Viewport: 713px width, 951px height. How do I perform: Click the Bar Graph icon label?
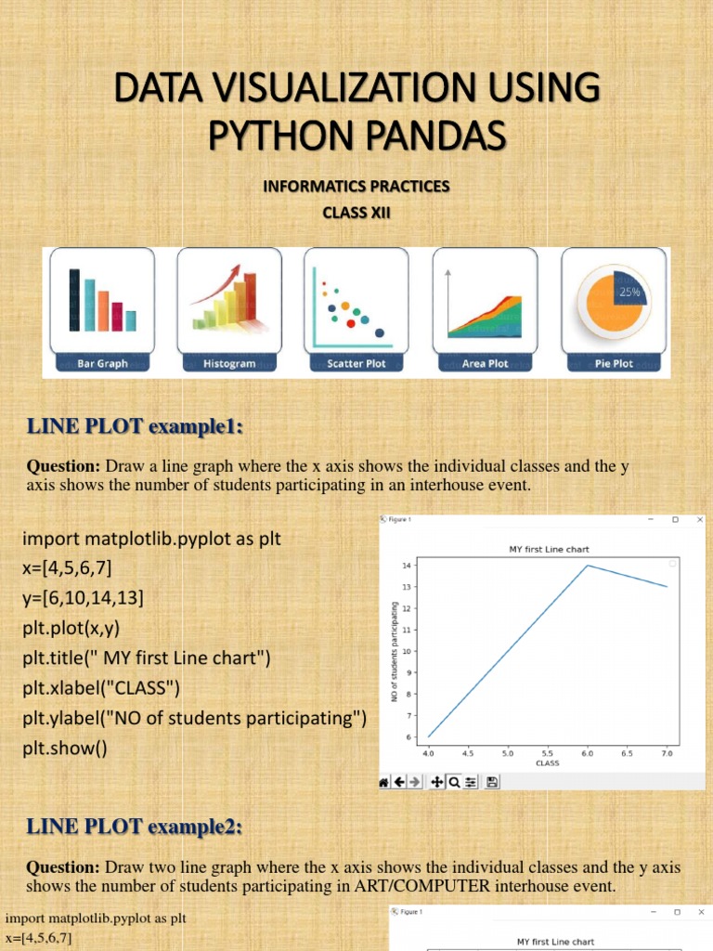tap(101, 364)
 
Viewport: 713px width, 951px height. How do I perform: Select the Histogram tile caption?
tap(229, 364)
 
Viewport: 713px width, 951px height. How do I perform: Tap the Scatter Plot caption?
tap(357, 364)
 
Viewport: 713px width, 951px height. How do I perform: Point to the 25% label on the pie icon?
tap(630, 292)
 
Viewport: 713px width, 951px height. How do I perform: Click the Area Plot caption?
tap(486, 364)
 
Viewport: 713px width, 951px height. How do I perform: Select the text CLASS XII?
tap(356, 213)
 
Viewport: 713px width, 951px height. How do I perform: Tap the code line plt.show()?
tap(65, 748)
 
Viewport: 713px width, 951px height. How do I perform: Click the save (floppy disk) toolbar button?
tap(492, 783)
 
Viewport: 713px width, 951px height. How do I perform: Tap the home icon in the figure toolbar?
tap(383, 783)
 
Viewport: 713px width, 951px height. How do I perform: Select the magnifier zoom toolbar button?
tap(454, 783)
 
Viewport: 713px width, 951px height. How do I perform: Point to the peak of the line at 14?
tap(588, 565)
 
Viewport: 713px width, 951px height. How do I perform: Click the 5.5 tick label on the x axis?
tap(548, 754)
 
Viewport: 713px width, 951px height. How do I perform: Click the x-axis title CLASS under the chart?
tap(548, 763)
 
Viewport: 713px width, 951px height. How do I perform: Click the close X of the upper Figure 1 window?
tap(699, 520)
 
